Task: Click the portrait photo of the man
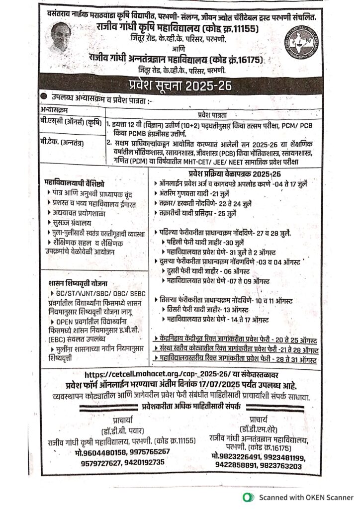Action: (x=59, y=38)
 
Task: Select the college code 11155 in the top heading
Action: (x=244, y=29)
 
